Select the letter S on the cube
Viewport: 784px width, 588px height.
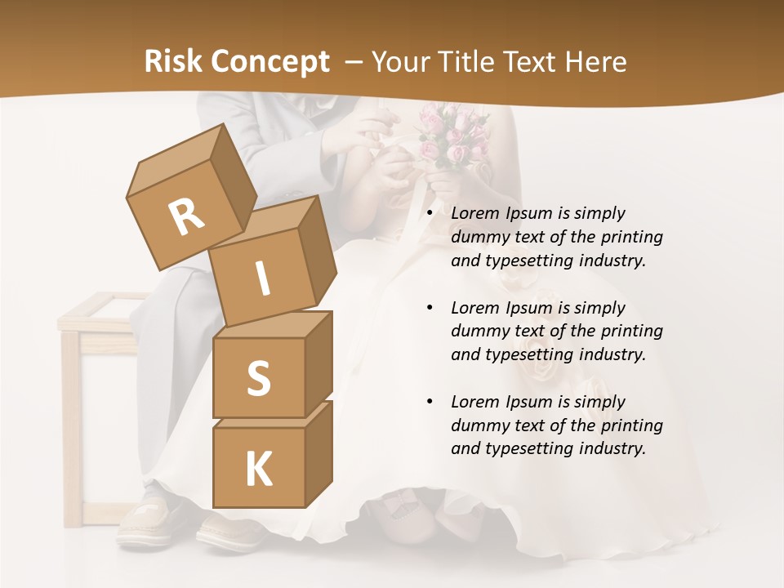click(x=258, y=378)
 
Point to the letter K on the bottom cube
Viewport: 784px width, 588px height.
click(x=258, y=469)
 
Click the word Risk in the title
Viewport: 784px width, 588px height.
click(x=173, y=61)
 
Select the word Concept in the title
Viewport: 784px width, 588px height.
click(x=271, y=61)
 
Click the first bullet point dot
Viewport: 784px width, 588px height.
click(x=430, y=214)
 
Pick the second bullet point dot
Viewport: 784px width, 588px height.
click(x=430, y=309)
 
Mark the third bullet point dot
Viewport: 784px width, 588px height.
click(x=430, y=403)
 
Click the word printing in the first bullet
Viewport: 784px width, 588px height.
click(x=631, y=238)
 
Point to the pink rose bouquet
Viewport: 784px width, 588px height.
click(x=452, y=135)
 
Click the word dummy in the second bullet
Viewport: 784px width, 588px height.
click(x=477, y=332)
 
